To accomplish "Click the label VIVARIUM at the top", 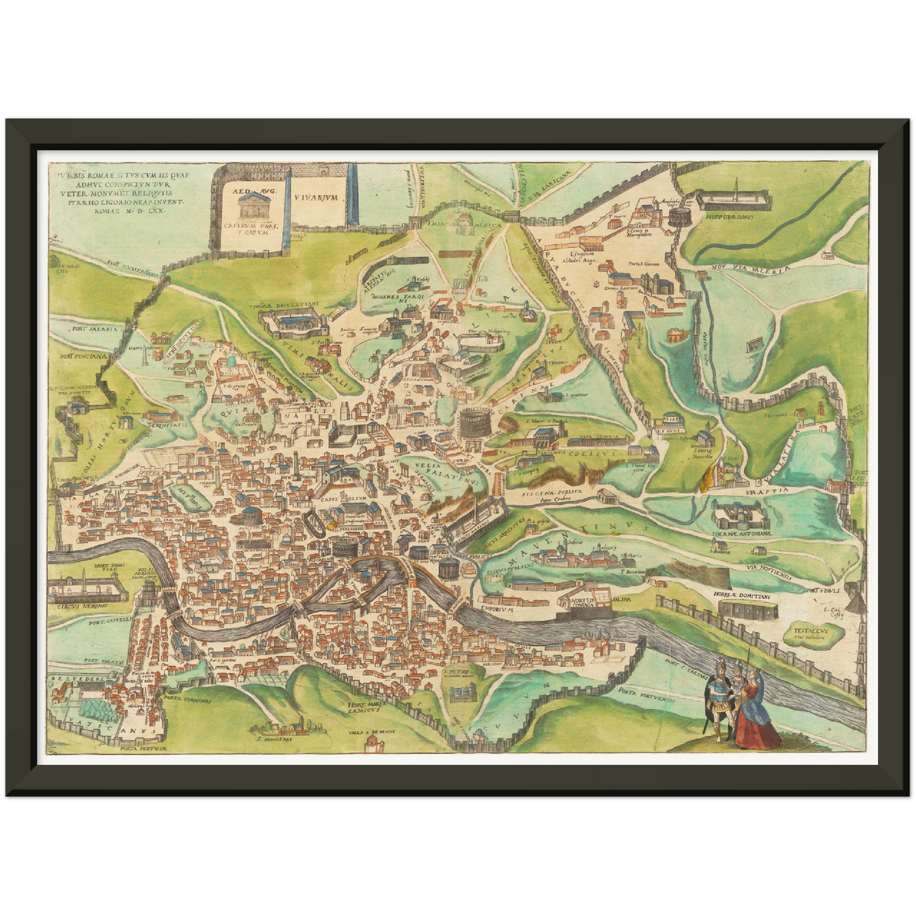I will coord(318,197).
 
